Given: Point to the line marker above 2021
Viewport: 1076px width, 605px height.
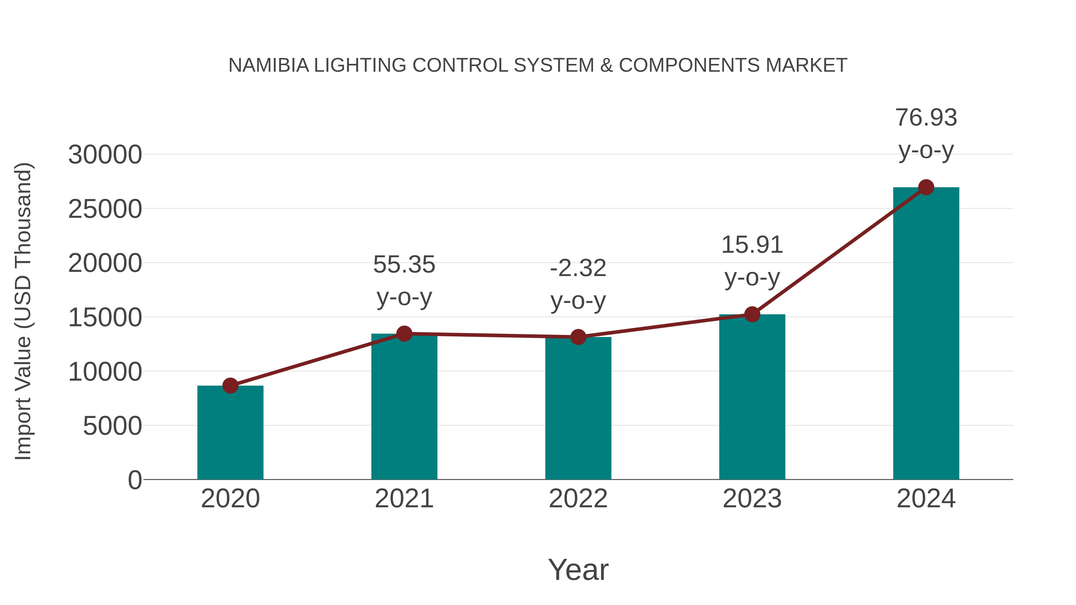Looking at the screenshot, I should pos(404,334).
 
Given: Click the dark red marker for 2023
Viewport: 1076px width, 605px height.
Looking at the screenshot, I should pos(752,314).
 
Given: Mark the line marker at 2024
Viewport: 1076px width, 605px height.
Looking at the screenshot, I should pos(926,187).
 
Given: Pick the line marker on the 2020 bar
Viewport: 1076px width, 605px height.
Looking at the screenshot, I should pos(230,385).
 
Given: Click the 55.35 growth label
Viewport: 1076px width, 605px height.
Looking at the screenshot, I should pos(404,265).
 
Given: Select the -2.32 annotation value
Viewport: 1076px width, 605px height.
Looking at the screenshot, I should pos(578,268).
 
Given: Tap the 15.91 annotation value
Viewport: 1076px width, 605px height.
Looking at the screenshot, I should pos(752,245).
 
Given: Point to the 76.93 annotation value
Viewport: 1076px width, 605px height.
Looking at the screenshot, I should pos(926,117).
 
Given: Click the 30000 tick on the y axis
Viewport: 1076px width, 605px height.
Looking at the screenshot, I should pos(105,155).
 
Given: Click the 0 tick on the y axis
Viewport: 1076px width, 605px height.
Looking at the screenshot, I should pos(134,480).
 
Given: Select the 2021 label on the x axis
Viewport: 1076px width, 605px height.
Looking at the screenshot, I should pos(404,499).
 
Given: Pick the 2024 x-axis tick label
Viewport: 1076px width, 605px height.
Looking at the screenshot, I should pos(926,499).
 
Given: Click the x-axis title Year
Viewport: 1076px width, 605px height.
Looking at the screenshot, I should pos(578,569).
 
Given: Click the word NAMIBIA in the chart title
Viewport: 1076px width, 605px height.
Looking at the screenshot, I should pos(269,65).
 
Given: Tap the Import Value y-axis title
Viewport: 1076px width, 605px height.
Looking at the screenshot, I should pos(23,311).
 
